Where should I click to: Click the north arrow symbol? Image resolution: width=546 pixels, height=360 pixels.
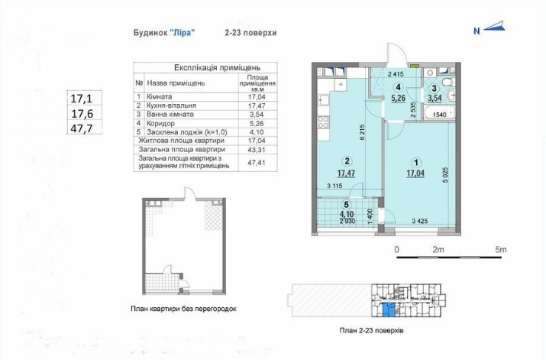point(494,28)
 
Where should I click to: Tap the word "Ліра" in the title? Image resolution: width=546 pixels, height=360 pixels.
point(182,32)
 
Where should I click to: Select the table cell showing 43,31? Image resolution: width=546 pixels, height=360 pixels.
point(257,150)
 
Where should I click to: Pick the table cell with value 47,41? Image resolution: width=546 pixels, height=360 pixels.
point(257,162)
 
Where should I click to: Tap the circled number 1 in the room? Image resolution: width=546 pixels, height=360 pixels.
point(415,162)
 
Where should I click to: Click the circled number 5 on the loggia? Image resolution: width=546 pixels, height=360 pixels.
point(346,205)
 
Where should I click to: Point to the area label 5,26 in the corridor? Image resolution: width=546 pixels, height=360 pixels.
point(398,98)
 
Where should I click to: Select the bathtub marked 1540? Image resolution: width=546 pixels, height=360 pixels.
point(440,113)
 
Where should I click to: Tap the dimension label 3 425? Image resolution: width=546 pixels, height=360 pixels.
point(419,221)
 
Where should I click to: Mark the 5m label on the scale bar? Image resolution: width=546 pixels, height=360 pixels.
point(501,249)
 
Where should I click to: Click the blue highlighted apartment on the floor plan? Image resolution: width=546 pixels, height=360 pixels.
point(389,310)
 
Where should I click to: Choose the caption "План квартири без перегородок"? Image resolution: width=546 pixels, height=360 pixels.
point(183,309)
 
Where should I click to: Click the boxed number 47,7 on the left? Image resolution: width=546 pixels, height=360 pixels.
point(82,128)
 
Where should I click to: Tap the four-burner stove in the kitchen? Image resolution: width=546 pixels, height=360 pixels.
point(323,122)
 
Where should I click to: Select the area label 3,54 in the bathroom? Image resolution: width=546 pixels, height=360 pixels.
point(435,98)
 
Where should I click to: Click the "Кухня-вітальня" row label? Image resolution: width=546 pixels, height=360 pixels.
point(171,105)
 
